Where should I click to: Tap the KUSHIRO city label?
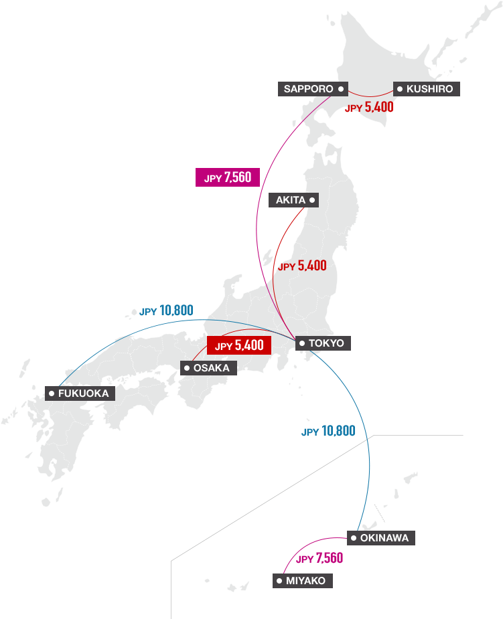coord(427,89)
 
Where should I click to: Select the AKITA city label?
coord(293,200)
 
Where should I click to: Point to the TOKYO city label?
coord(322,343)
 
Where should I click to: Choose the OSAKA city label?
coord(208,368)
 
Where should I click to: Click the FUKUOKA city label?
coord(80,393)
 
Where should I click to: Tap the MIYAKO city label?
coord(302,581)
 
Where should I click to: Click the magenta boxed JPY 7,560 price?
coord(227,177)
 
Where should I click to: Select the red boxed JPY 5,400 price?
coord(239,346)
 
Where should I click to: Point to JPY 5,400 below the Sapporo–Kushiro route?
coord(369,107)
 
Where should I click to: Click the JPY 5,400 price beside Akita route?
coord(302,266)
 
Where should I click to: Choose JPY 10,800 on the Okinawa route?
coord(328,432)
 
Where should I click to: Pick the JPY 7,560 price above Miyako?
coord(319,558)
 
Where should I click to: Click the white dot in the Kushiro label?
coord(399,89)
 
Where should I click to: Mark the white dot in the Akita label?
coord(312,200)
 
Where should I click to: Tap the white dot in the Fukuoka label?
coord(52,393)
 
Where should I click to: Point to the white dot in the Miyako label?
coord(279,581)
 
